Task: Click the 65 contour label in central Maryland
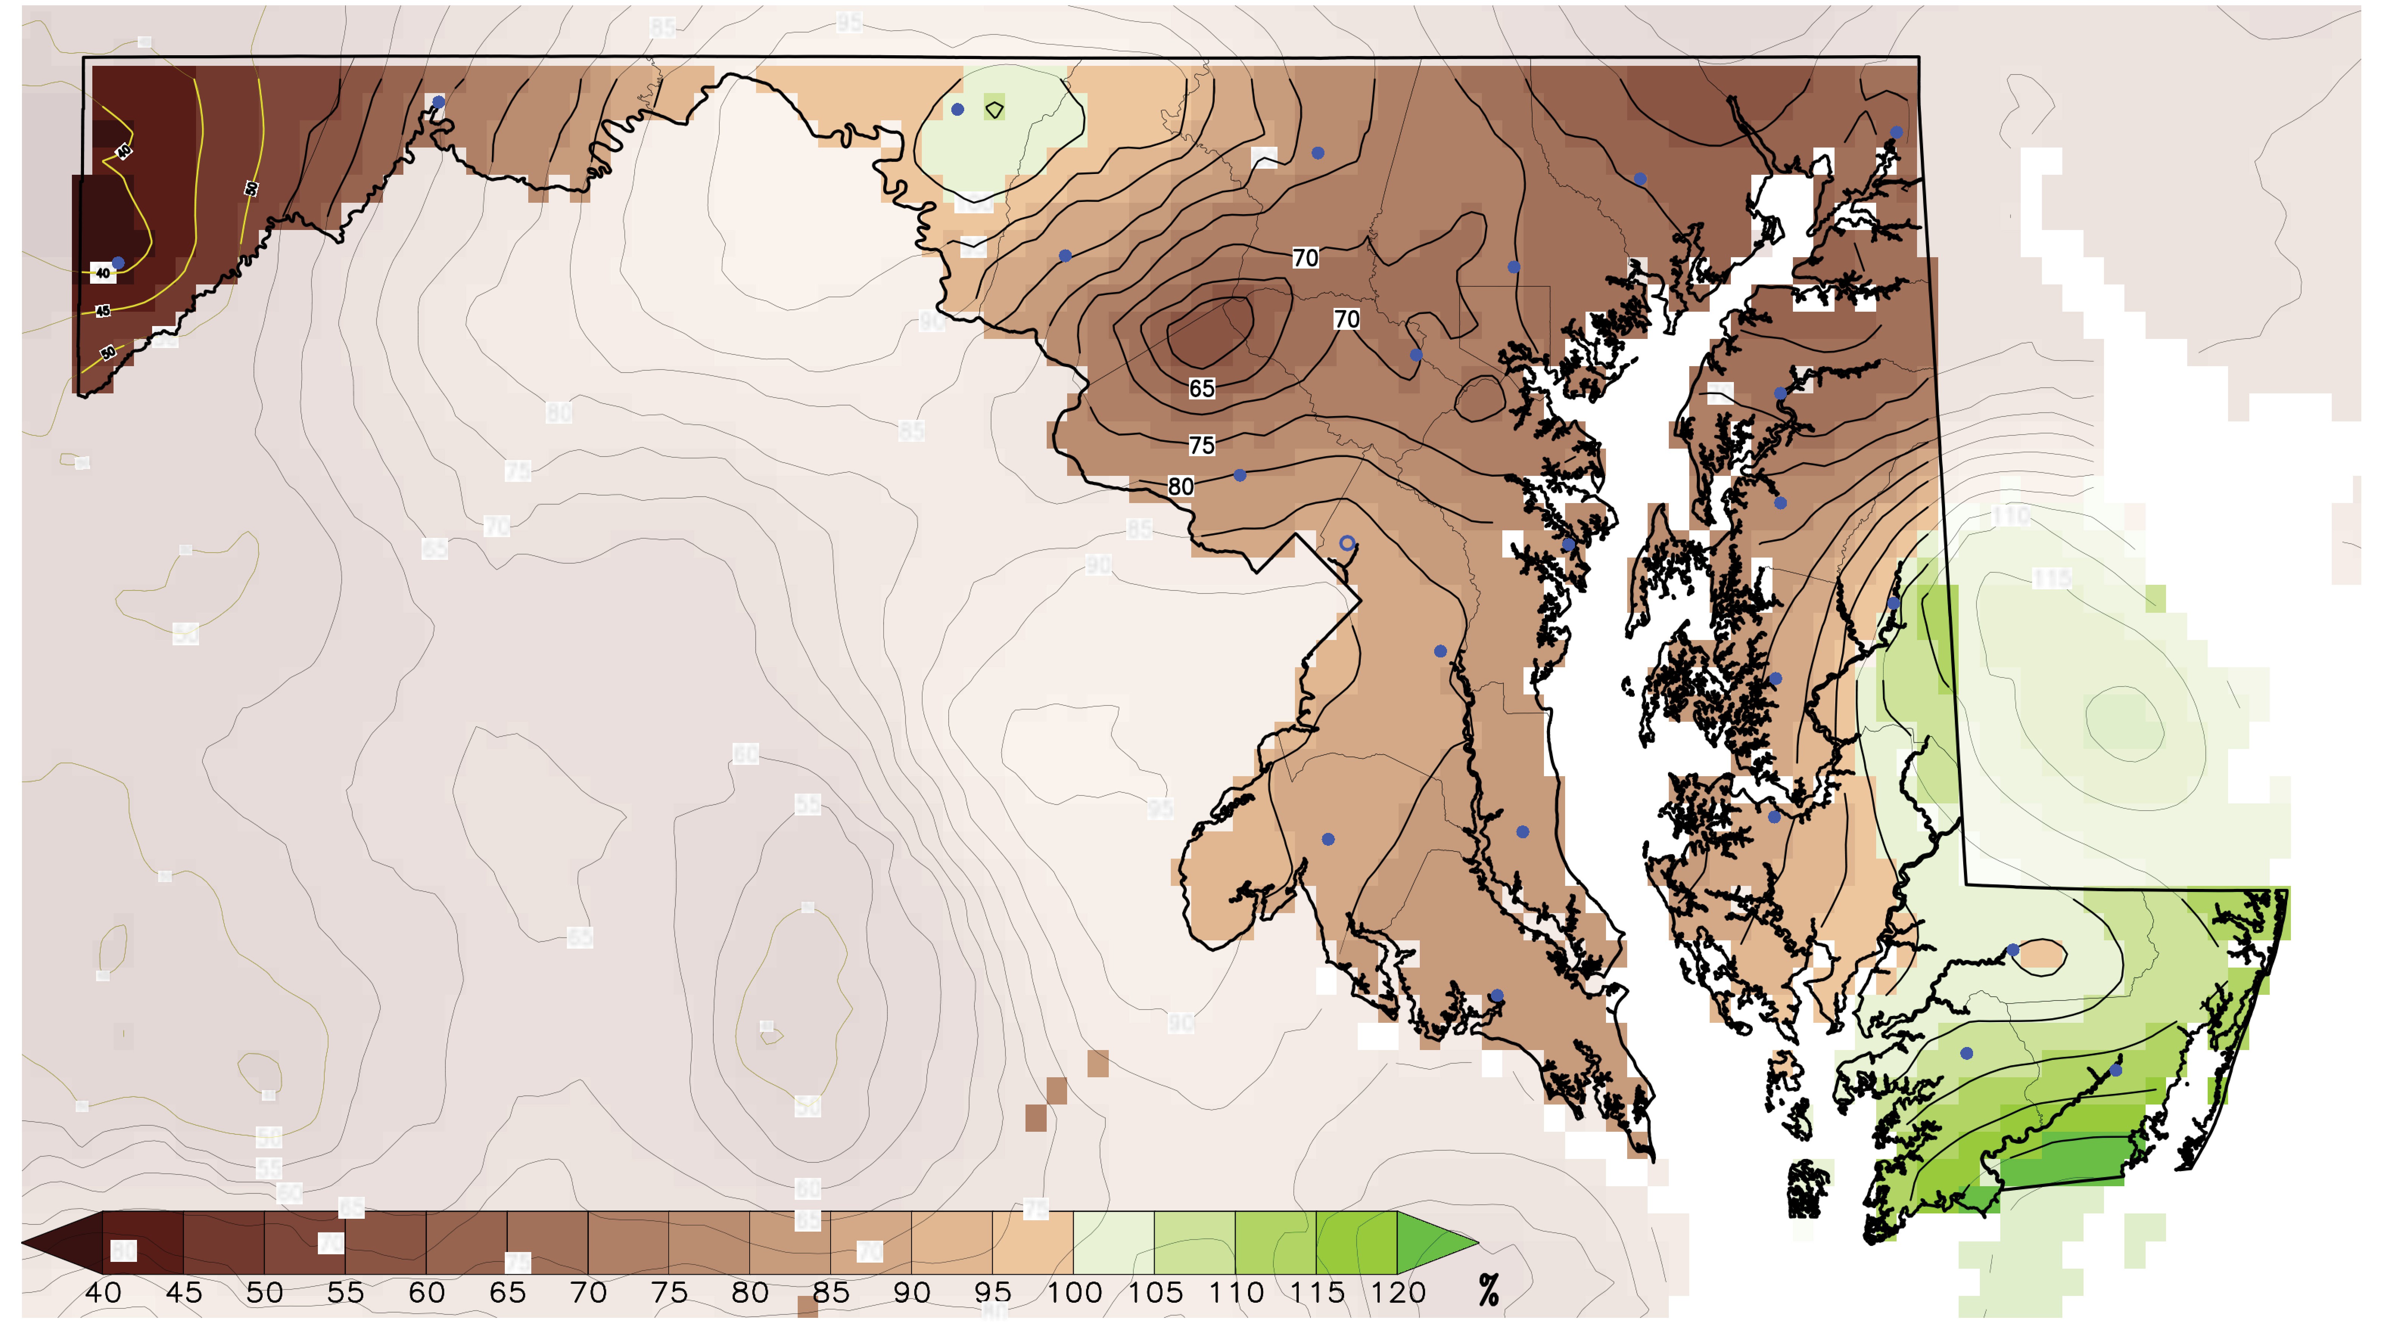click(1201, 388)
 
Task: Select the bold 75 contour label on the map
click(1201, 445)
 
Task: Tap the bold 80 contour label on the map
click(1180, 487)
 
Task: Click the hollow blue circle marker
click(1346, 543)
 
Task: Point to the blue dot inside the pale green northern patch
click(958, 109)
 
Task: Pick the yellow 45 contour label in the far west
click(103, 311)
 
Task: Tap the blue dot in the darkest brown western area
click(118, 263)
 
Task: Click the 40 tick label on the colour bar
click(103, 1293)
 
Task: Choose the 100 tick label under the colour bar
click(1074, 1293)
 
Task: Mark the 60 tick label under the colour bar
click(426, 1293)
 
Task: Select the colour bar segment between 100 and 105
click(1113, 1243)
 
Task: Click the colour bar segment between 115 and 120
click(1356, 1243)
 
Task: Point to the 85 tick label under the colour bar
click(831, 1293)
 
